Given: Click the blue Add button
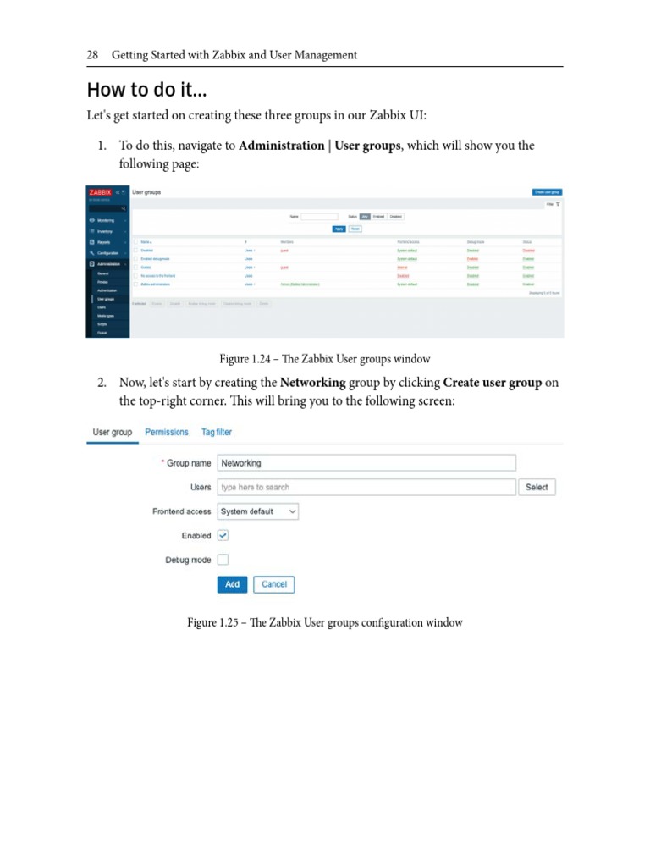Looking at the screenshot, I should pyautogui.click(x=232, y=584).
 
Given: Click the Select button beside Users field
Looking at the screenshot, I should pyautogui.click(x=537, y=487).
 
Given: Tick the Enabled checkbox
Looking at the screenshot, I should pyautogui.click(x=223, y=535).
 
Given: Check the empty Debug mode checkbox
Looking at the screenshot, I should pyautogui.click(x=223, y=560).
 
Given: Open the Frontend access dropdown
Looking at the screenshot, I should pyautogui.click(x=258, y=511).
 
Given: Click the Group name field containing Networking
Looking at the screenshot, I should pyautogui.click(x=366, y=463).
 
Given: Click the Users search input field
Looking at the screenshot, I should pyautogui.click(x=366, y=487).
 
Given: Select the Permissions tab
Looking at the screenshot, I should pyautogui.click(x=167, y=432).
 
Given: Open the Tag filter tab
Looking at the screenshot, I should pyautogui.click(x=217, y=432).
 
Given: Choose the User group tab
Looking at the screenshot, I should pyautogui.click(x=113, y=432).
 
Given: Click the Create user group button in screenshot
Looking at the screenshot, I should pyautogui.click(x=547, y=192).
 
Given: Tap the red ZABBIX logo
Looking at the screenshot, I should pyautogui.click(x=101, y=192).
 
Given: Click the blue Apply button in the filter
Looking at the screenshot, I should pyautogui.click(x=339, y=229).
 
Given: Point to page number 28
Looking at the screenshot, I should pyautogui.click(x=93, y=55).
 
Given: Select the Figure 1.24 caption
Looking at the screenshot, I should pyautogui.click(x=325, y=359).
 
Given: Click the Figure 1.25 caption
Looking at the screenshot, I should pyautogui.click(x=325, y=622).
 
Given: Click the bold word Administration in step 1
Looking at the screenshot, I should pyautogui.click(x=281, y=146).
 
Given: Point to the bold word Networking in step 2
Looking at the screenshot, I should pyautogui.click(x=313, y=383).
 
